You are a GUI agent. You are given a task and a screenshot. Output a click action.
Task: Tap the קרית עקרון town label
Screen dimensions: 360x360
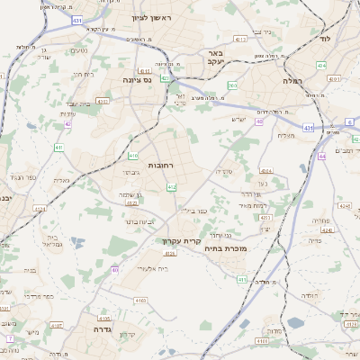pos(181,241)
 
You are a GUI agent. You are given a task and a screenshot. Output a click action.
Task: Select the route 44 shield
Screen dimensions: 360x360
pos(321,156)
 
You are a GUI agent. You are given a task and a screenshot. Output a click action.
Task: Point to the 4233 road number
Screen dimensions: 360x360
pos(265,218)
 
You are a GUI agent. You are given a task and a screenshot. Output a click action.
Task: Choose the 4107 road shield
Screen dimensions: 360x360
pos(57,325)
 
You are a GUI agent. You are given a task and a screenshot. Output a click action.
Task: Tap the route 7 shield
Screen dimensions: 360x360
pos(10,338)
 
